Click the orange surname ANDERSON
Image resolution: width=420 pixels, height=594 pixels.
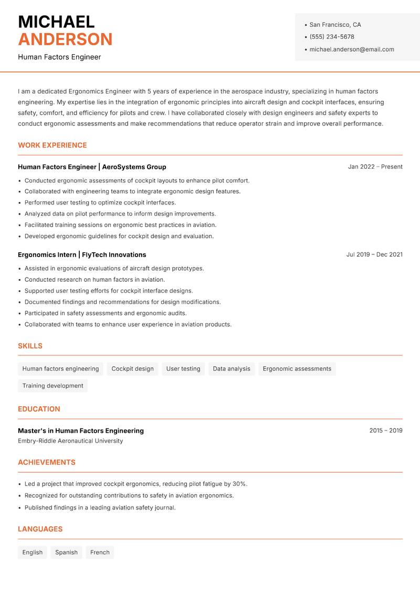point(65,39)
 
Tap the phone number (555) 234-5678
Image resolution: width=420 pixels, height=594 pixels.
point(332,37)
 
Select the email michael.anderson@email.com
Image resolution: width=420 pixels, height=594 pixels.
point(351,49)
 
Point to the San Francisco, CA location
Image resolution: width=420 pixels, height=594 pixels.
point(335,25)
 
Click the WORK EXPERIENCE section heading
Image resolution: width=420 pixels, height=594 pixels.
point(52,145)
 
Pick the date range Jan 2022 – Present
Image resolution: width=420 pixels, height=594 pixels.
point(375,167)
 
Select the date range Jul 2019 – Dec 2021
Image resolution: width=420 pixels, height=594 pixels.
point(374,254)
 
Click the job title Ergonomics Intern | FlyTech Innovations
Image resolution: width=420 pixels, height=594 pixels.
point(82,254)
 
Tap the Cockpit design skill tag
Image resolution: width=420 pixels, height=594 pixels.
point(133,368)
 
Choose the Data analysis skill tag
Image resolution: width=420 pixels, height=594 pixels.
point(232,368)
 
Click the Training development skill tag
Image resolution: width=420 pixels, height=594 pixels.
point(52,385)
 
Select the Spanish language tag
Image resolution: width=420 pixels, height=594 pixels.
point(66,552)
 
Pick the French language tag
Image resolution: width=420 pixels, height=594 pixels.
point(100,552)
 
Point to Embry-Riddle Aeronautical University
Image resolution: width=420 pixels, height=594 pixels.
point(70,441)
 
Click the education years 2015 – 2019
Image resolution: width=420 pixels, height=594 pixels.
point(385,431)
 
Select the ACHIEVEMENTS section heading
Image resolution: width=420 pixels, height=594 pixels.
point(47,462)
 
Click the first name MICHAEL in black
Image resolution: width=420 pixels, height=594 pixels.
point(56,22)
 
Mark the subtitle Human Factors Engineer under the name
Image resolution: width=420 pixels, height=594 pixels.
point(59,57)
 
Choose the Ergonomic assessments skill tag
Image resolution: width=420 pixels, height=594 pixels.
point(297,368)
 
